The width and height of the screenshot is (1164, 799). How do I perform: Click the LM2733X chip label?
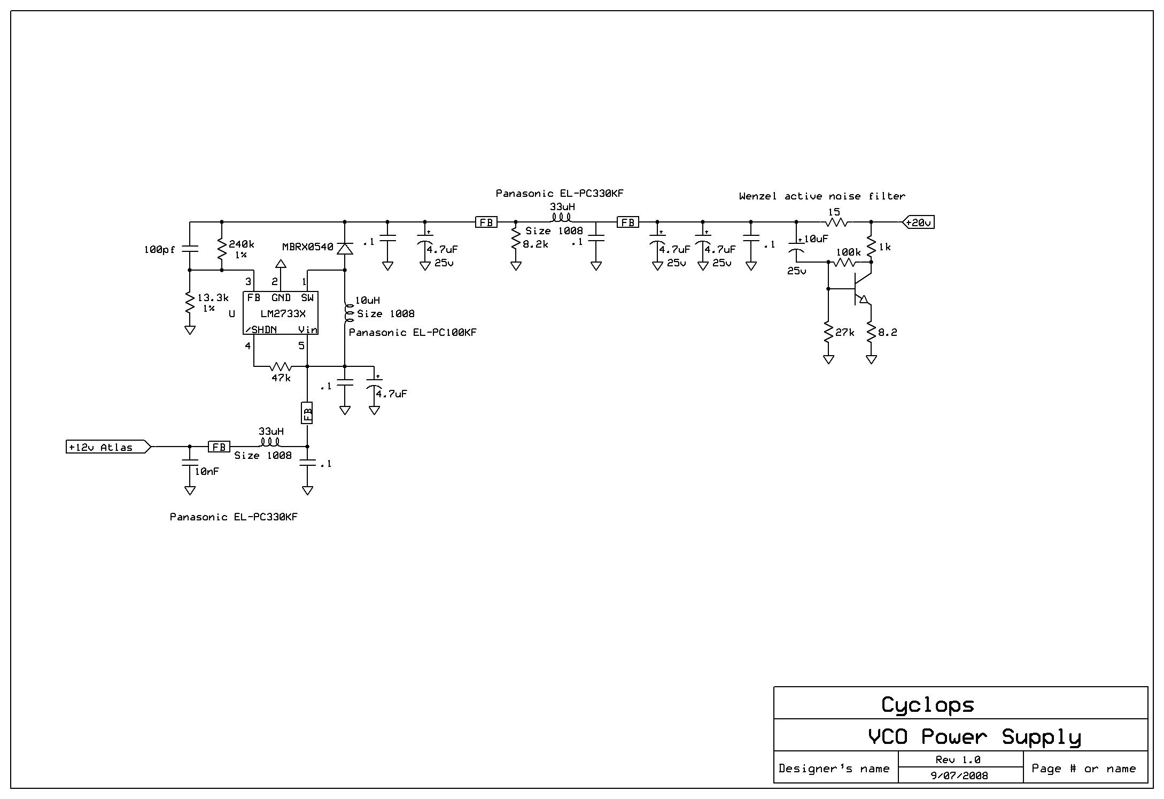283,314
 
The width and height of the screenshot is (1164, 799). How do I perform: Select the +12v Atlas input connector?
107,447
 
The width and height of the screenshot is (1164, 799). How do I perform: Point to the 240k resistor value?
242,244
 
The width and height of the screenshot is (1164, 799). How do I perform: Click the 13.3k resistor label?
213,298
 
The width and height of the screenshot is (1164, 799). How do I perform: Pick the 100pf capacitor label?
159,250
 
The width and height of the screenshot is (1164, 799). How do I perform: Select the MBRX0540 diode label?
307,247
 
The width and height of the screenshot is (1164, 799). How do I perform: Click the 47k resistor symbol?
281,366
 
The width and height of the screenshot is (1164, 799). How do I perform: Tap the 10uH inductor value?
368,301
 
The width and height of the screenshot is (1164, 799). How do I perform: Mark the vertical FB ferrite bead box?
307,413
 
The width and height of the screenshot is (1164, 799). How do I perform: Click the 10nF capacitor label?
206,472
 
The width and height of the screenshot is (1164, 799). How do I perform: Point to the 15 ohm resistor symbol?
837,222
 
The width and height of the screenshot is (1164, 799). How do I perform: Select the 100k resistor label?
848,252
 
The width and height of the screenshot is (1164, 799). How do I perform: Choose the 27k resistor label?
844,333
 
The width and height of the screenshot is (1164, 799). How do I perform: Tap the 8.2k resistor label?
536,244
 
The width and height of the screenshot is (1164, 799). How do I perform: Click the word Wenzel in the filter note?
758,196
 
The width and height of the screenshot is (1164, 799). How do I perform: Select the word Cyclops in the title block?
928,705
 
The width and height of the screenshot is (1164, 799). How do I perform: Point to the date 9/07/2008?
959,775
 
